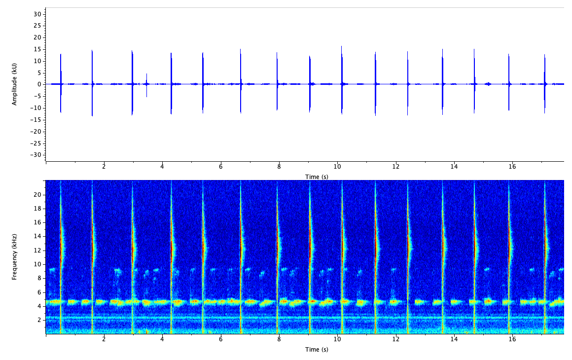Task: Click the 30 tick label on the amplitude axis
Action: click(x=37, y=14)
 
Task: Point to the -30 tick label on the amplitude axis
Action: click(x=36, y=155)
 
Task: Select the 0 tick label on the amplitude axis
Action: click(x=39, y=84)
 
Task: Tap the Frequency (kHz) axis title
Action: click(x=15, y=257)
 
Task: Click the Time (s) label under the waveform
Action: click(x=317, y=177)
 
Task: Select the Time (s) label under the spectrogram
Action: click(x=317, y=350)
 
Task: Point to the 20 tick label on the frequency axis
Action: click(x=37, y=194)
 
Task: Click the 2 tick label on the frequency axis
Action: click(x=39, y=320)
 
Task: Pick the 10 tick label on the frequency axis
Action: click(x=37, y=264)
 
